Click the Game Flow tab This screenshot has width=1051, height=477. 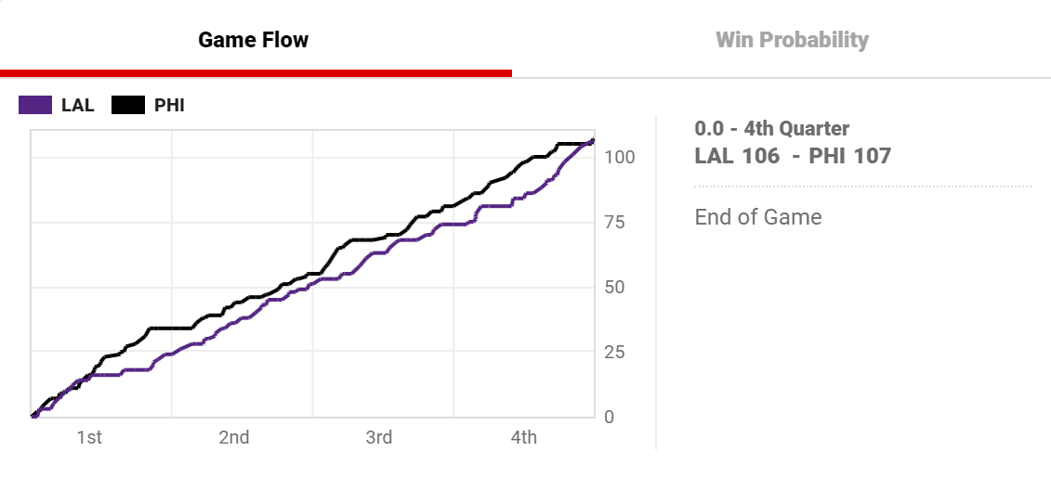click(x=253, y=40)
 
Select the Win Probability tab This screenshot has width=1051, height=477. click(x=792, y=40)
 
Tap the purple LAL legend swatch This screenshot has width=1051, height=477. click(x=35, y=105)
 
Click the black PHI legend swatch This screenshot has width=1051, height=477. click(x=128, y=105)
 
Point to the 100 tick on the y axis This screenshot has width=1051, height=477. click(x=619, y=157)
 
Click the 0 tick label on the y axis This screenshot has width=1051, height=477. click(x=609, y=418)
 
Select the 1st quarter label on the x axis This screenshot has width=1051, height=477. click(x=88, y=437)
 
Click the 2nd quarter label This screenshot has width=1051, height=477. click(x=233, y=437)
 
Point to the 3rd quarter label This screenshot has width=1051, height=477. click(x=378, y=437)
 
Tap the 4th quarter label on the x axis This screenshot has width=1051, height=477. click(x=523, y=437)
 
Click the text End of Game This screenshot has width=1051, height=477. click(x=758, y=217)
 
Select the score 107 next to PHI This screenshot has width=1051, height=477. click(x=872, y=156)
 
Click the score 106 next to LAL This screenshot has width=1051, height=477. click(x=761, y=156)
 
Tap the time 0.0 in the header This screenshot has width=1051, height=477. click(x=709, y=129)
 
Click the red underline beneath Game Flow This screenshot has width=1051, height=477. click(x=256, y=72)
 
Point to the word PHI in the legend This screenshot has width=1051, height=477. click(x=169, y=105)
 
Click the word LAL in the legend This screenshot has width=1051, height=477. click(x=78, y=105)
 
